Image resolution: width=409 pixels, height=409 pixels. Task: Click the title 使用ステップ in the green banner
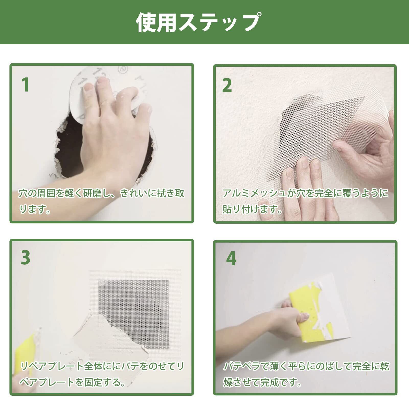pos(198,23)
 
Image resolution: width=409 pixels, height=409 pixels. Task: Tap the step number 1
pos(26,85)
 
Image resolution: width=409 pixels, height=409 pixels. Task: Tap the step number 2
pos(227,85)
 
